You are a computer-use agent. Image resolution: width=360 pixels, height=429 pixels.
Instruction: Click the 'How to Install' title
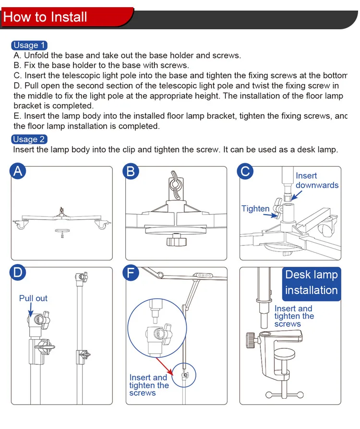(45, 17)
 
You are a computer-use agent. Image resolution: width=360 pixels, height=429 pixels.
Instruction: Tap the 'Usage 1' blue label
(29, 45)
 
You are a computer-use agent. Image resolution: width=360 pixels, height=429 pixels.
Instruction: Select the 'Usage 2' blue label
(29, 139)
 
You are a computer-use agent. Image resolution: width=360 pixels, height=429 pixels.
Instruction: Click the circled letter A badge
(18, 171)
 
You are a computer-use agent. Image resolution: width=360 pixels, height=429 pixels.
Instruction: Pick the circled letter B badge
(131, 171)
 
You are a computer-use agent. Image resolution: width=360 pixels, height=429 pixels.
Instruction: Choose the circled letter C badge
(245, 171)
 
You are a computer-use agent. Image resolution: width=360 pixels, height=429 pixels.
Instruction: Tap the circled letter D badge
(18, 273)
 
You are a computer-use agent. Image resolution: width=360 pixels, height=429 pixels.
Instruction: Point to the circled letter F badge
(131, 273)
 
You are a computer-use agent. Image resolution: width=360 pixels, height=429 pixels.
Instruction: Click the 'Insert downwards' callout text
(316, 180)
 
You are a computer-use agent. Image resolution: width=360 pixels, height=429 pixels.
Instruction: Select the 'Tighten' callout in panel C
(255, 208)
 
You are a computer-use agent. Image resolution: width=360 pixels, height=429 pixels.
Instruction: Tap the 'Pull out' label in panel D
(33, 298)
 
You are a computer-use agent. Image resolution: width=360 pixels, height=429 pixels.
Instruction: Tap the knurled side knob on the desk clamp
(251, 338)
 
